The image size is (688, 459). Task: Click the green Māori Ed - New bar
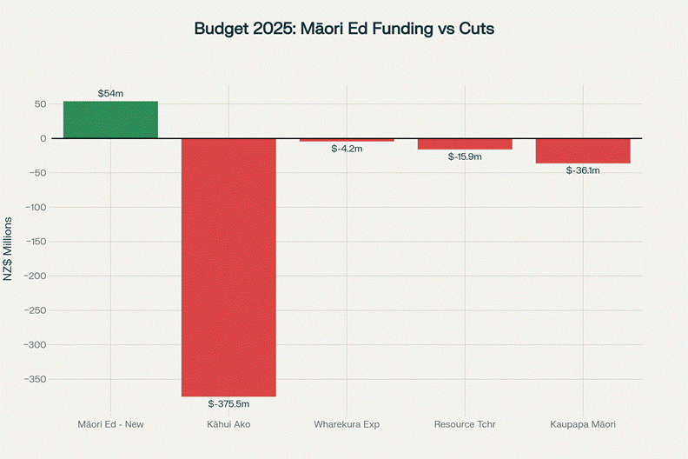pyautogui.click(x=110, y=120)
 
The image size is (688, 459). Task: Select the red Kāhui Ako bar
pyautogui.click(x=228, y=267)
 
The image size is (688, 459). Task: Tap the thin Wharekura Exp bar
pyautogui.click(x=347, y=140)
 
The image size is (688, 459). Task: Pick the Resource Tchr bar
pyautogui.click(x=465, y=144)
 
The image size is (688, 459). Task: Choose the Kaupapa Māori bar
pyautogui.click(x=583, y=150)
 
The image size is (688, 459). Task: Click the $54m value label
pyautogui.click(x=110, y=93)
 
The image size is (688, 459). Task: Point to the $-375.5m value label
pyautogui.click(x=228, y=403)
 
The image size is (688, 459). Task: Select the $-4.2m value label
pyautogui.click(x=347, y=149)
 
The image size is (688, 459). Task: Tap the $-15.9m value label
pyautogui.click(x=465, y=156)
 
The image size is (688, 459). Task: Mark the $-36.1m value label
pyautogui.click(x=583, y=170)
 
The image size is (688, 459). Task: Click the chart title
pyautogui.click(x=344, y=29)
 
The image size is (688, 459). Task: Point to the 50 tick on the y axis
pyautogui.click(x=40, y=104)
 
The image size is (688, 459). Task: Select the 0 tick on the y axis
pyautogui.click(x=43, y=138)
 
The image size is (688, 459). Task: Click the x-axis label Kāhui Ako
pyautogui.click(x=228, y=424)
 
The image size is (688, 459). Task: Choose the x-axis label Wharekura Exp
pyautogui.click(x=347, y=424)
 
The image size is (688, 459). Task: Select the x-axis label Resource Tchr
pyautogui.click(x=465, y=424)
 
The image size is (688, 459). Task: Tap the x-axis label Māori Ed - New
pyautogui.click(x=110, y=424)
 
